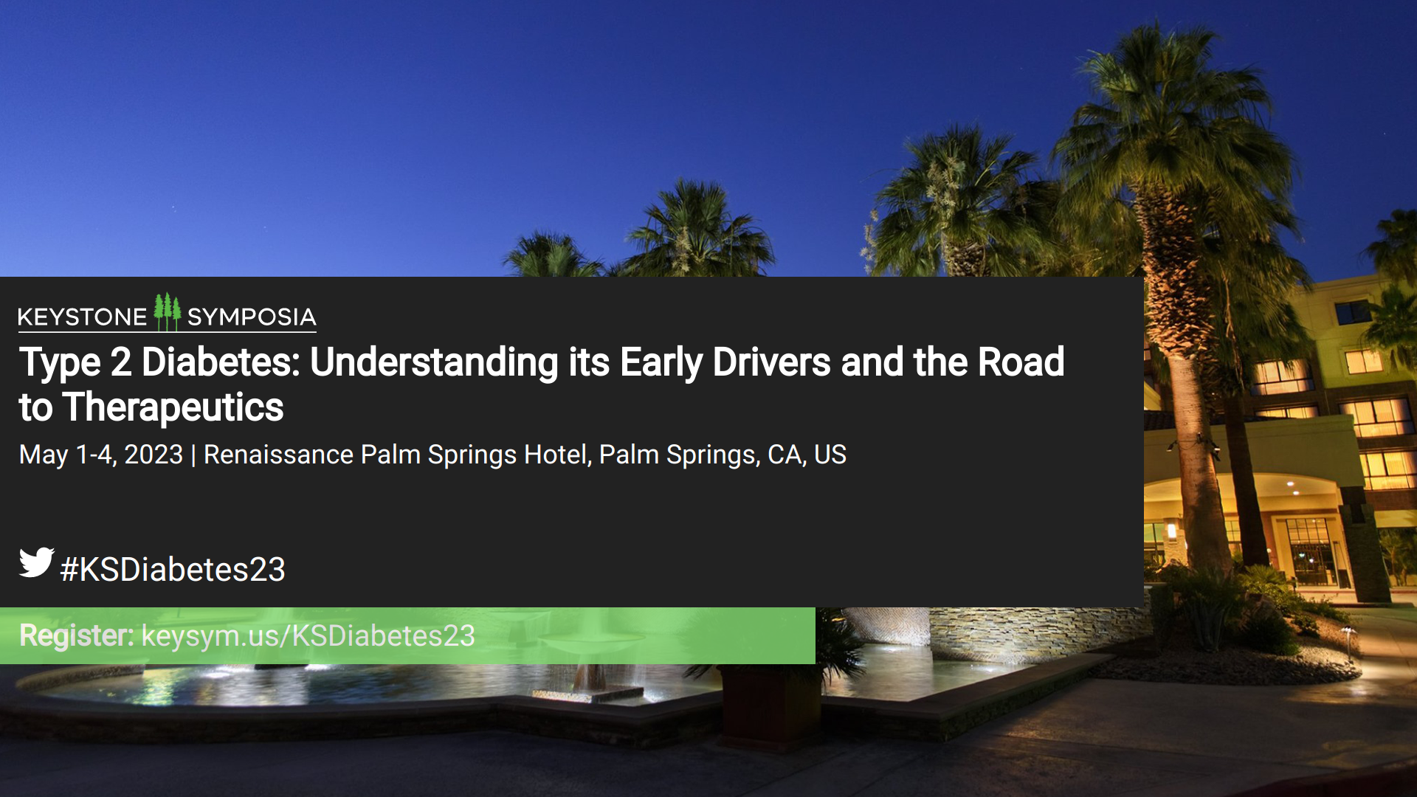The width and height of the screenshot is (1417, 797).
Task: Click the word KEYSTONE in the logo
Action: tap(82, 317)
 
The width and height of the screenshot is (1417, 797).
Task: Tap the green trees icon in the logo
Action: tap(167, 311)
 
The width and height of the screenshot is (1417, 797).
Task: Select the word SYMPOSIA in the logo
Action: tap(252, 317)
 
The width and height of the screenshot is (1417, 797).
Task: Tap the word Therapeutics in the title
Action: tap(173, 408)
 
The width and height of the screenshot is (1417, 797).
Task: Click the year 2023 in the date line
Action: tap(154, 455)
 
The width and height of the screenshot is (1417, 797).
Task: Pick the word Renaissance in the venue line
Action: tap(279, 455)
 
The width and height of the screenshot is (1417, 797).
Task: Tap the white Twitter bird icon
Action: tap(36, 562)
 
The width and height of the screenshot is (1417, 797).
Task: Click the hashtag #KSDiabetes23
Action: tap(173, 570)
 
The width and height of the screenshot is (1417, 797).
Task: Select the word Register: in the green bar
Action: tap(77, 636)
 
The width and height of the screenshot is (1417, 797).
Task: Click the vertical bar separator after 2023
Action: tap(193, 455)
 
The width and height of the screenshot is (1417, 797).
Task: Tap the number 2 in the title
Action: tap(121, 362)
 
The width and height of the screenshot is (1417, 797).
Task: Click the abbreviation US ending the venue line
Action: tap(830, 455)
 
